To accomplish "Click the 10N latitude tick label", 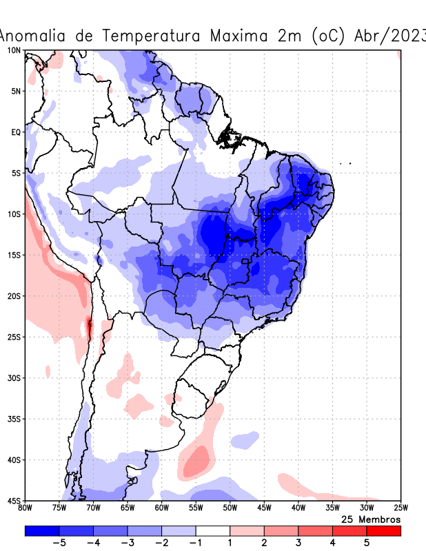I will (14, 50).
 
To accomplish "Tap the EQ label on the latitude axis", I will (16, 132).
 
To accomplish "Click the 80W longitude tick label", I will (25, 508).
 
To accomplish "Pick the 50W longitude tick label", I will (230, 508).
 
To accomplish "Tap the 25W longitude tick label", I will (400, 508).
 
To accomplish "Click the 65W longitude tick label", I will (128, 508).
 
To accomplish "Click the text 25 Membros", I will (371, 519).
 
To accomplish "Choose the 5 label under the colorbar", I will (367, 543).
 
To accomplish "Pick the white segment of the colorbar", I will (213, 530).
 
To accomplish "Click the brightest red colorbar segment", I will (384, 530).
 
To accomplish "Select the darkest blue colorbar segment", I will (41, 530).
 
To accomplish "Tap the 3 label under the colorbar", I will (298, 543).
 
